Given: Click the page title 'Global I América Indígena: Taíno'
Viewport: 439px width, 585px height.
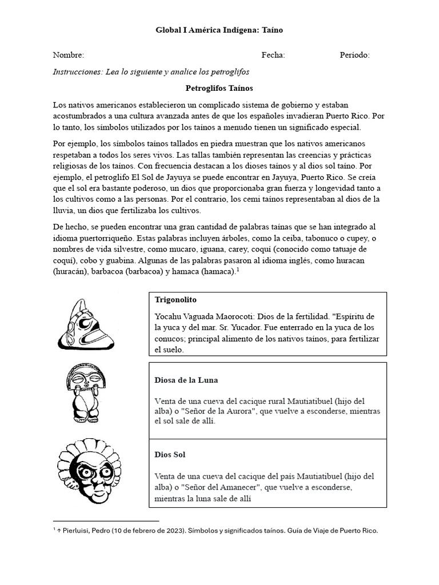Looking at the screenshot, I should coord(219,30).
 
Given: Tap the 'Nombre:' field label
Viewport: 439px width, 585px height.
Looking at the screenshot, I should coord(68,55).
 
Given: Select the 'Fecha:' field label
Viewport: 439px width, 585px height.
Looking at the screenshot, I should coord(273,55).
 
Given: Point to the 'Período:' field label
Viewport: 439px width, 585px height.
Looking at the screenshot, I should coord(354,55).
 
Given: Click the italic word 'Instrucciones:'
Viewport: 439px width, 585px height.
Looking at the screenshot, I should coord(78,72).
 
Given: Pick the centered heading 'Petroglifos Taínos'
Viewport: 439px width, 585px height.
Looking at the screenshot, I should coord(219,89).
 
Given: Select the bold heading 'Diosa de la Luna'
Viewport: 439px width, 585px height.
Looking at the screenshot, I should coord(186,380).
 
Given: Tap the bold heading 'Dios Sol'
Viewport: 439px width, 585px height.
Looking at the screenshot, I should coord(170,455).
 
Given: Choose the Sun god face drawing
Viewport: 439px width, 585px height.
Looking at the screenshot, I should coord(86,471).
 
